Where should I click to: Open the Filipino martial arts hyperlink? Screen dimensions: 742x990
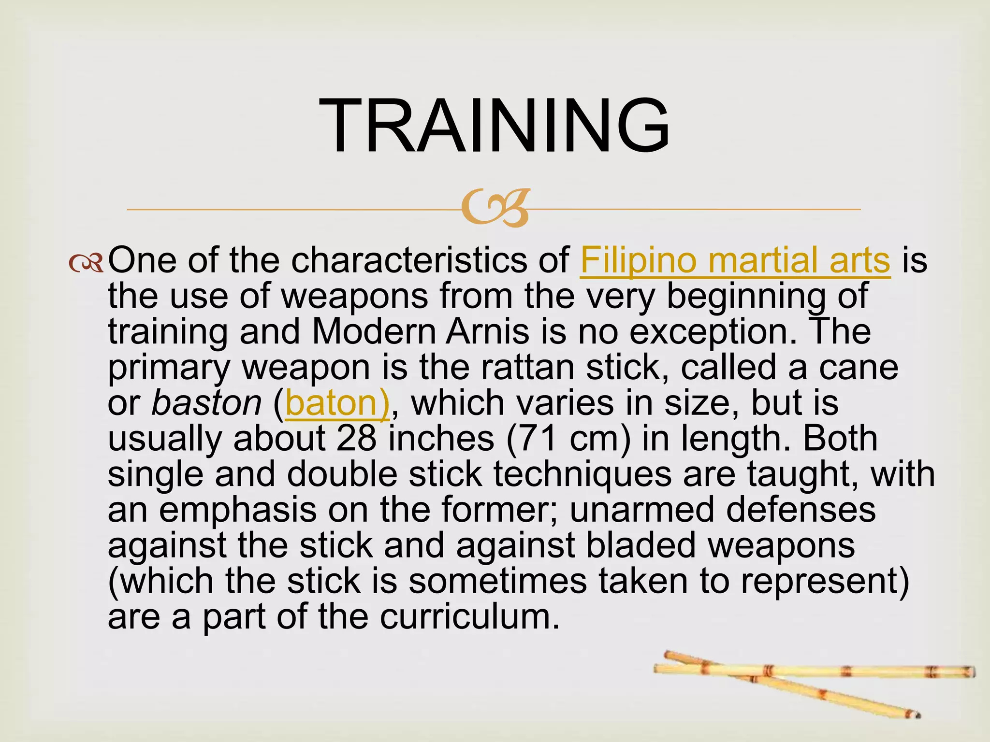pos(735,261)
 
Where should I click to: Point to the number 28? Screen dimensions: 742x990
pos(356,439)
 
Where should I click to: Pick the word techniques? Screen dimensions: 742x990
pos(582,474)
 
